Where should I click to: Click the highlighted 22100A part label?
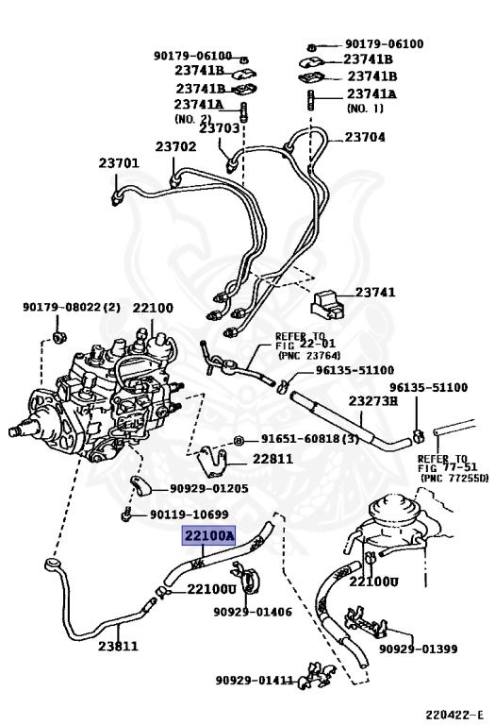point(208,535)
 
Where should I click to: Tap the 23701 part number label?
point(119,163)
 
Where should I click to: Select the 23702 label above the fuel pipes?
point(175,146)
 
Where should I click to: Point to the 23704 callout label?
point(365,137)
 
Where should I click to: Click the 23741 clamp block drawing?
point(328,304)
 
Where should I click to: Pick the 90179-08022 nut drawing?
point(58,337)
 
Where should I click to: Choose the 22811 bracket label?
point(272,459)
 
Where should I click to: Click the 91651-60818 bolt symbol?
point(239,440)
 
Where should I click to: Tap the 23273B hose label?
point(373,401)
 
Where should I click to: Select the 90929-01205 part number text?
point(209,488)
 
